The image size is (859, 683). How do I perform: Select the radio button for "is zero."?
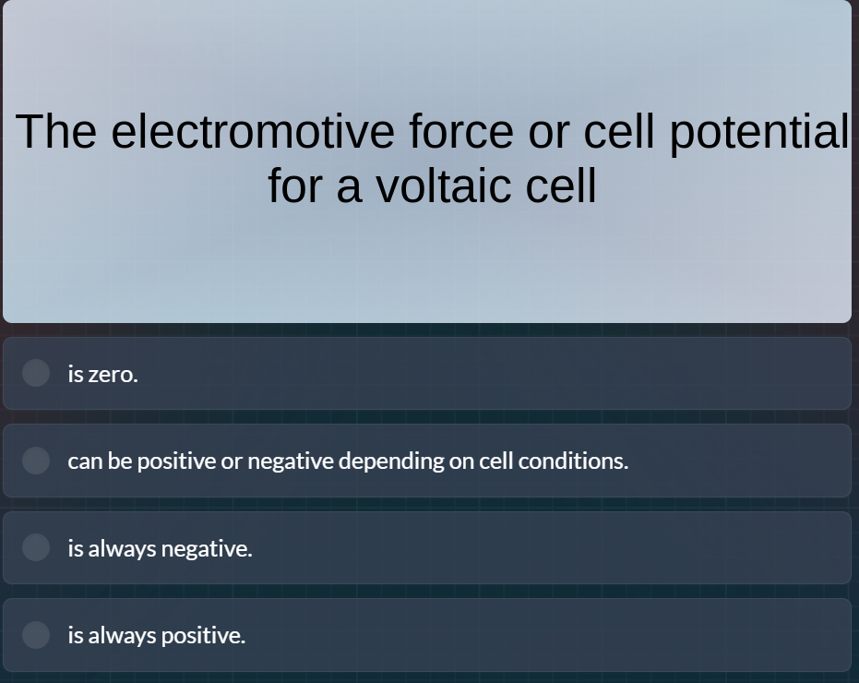36,373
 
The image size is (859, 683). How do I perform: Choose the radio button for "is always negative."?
36,547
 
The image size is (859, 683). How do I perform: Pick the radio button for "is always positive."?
36,635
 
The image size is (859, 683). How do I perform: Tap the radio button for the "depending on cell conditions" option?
36,461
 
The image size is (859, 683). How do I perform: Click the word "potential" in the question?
758,131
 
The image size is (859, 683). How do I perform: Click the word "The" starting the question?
55,131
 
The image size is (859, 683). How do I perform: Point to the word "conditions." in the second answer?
573,461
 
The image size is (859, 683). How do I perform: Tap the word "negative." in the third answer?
206,548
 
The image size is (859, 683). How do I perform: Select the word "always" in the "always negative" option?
123,548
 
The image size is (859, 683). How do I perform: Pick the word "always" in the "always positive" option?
123,635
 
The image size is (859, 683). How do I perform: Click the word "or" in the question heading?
548,131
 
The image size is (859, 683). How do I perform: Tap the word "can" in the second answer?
85,461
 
